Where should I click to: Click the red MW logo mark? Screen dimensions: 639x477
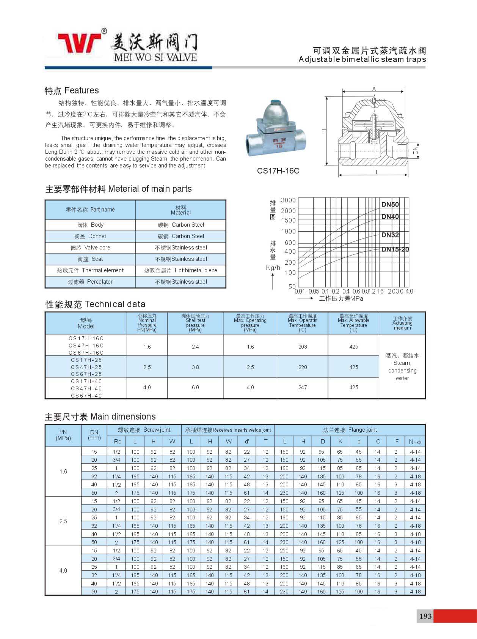80,43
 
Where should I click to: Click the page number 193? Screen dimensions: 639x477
425,616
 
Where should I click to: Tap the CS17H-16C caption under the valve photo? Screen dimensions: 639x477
278,171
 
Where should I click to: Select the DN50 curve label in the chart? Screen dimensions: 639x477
390,205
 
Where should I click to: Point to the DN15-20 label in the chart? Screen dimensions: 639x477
395,249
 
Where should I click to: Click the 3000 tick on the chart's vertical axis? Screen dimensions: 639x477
288,200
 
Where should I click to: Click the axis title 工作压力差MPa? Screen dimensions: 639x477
341,298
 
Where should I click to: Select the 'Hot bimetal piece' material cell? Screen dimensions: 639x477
180,270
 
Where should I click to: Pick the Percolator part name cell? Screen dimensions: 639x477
90,282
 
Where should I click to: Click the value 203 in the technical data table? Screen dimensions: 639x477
303,347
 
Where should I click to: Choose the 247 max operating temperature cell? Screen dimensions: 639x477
303,387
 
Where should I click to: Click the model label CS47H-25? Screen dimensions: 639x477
86,367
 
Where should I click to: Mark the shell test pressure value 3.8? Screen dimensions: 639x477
195,367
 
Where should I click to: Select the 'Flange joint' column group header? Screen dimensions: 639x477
350,430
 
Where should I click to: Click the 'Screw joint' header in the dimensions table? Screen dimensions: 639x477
144,430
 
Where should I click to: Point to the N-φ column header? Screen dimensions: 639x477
415,442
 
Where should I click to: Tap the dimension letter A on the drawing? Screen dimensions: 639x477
374,89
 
